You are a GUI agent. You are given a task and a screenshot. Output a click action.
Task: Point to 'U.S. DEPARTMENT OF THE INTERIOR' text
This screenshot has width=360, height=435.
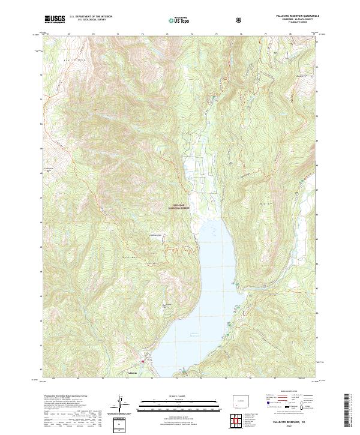click(91, 16)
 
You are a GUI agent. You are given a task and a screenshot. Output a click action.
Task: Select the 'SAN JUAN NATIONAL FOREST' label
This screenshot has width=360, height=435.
click(181, 206)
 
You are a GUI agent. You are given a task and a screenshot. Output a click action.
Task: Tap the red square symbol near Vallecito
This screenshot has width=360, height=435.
click(143, 361)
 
